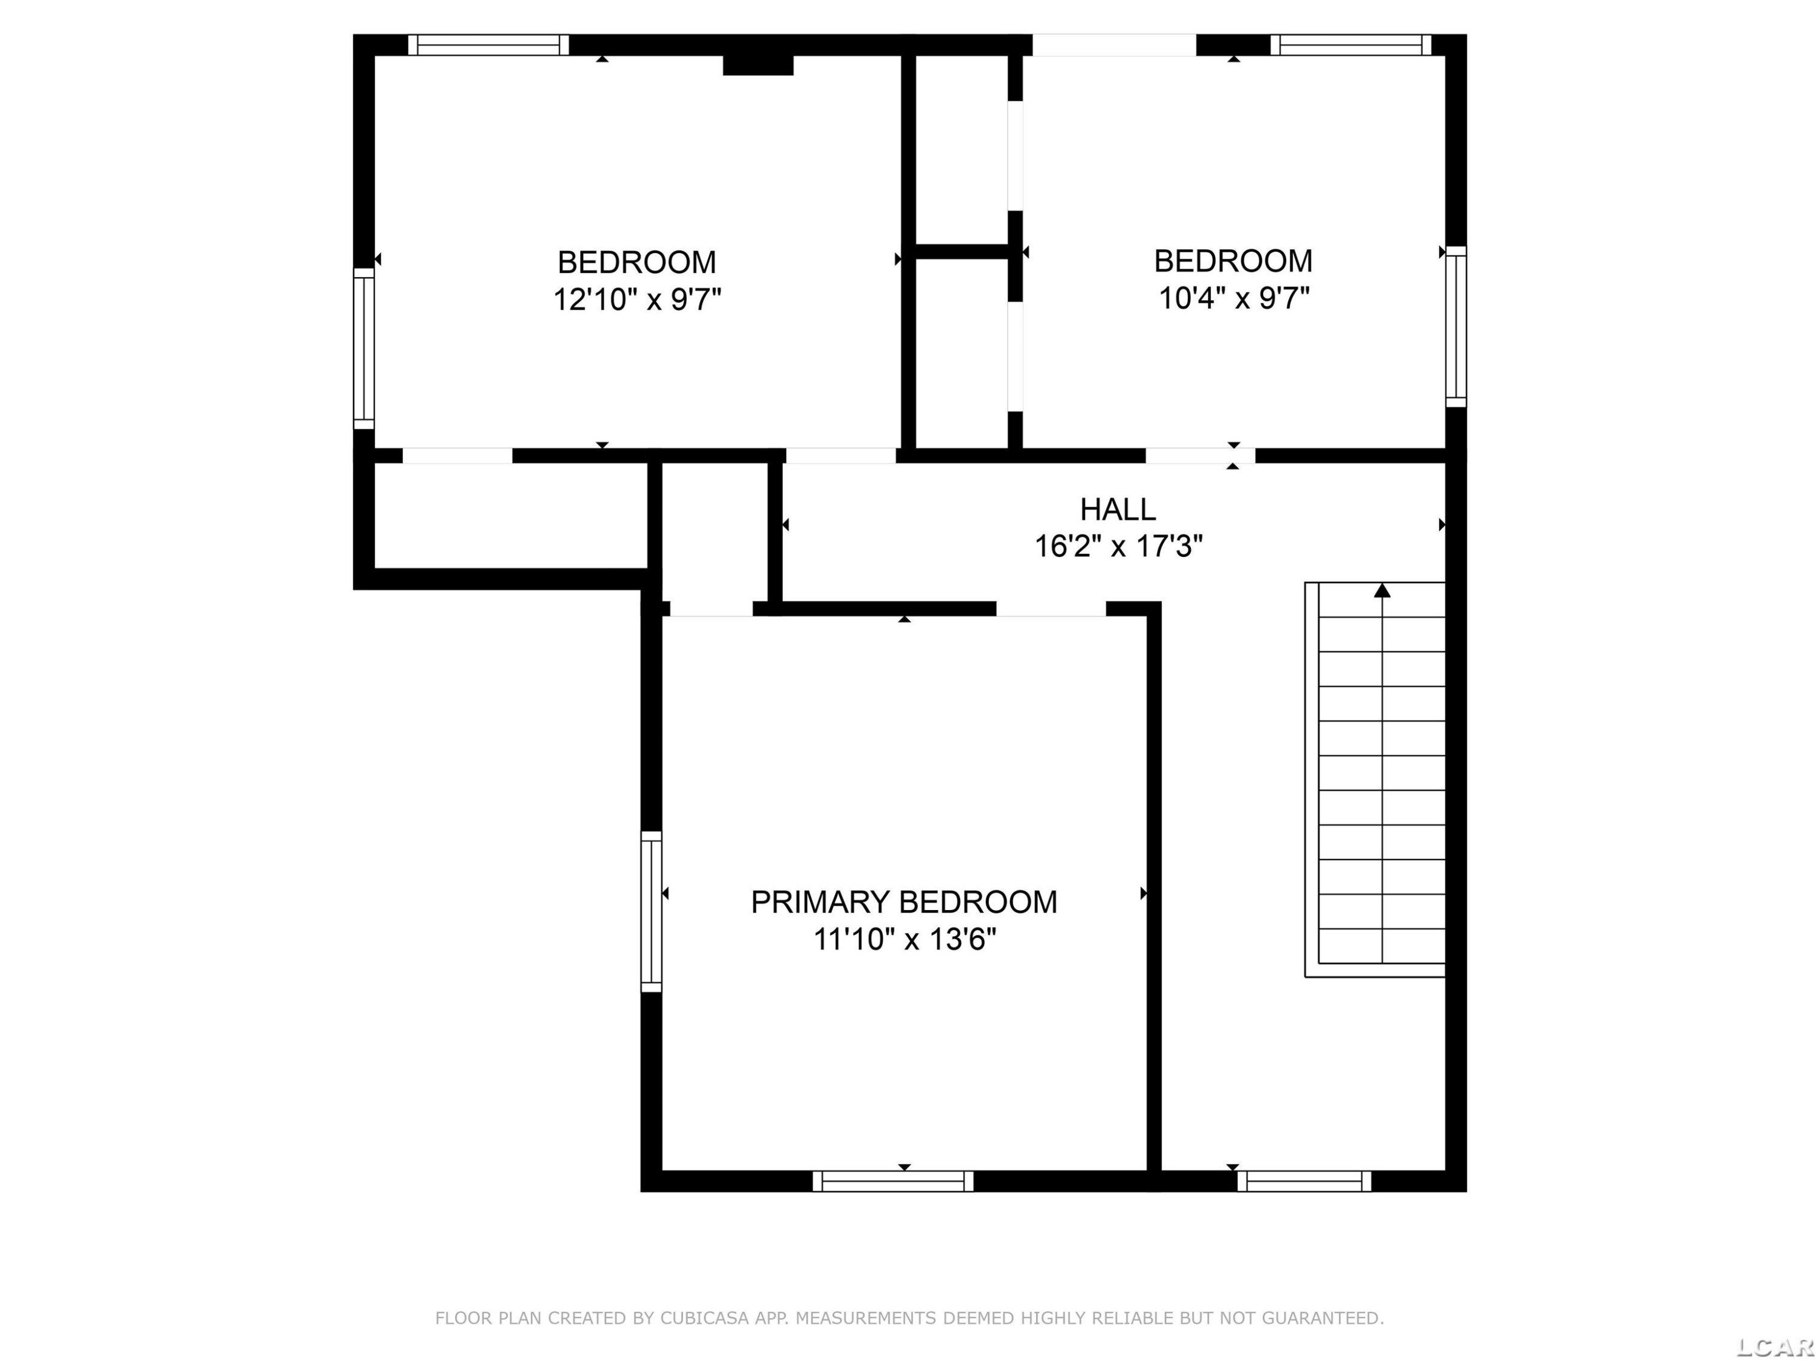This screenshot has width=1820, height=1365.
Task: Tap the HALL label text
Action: pyautogui.click(x=1117, y=510)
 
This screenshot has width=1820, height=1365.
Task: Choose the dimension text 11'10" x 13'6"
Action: pyautogui.click(x=905, y=939)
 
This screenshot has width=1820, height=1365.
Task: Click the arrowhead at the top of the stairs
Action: pyautogui.click(x=1382, y=590)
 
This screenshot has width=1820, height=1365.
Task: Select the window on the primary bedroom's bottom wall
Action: pyautogui.click(x=893, y=1181)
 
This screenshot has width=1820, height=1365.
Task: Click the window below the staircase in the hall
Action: pyautogui.click(x=1304, y=1181)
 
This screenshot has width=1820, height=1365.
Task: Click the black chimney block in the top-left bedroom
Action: pyautogui.click(x=758, y=65)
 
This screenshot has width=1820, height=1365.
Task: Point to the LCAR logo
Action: pyautogui.click(x=1776, y=1347)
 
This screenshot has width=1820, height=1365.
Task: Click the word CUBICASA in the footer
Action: pyautogui.click(x=704, y=1318)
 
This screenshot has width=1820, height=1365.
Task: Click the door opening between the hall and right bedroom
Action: pyautogui.click(x=1201, y=455)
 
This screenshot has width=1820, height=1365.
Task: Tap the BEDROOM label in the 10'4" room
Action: pyautogui.click(x=1233, y=261)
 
